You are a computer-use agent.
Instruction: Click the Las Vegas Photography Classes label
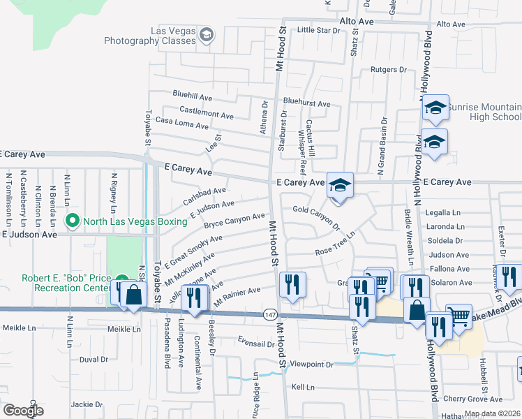[150, 36]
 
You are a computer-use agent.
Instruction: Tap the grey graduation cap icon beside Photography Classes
[207, 34]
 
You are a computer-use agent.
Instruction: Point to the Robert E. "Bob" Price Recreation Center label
[66, 282]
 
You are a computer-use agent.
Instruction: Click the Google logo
[23, 410]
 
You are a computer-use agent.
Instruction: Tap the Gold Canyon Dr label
[315, 218]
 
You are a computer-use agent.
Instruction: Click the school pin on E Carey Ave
[340, 185]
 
